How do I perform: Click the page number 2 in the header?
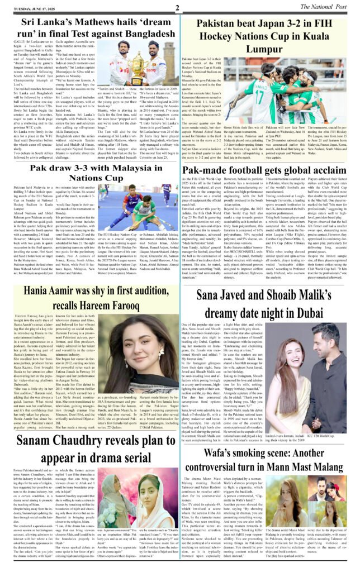click(x=177, y=7)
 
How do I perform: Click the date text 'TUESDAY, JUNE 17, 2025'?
click(x=32, y=8)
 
